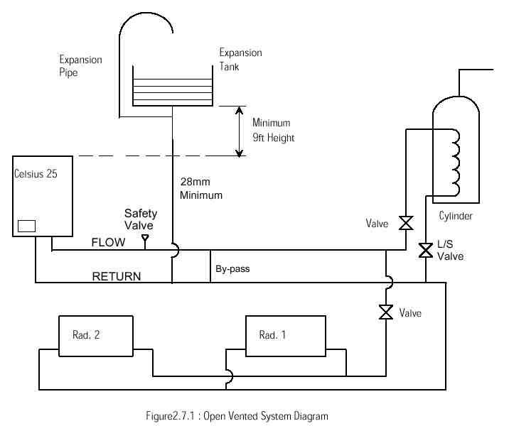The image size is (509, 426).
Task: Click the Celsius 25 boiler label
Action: [x=36, y=173]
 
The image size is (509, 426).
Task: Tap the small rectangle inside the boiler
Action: [x=26, y=226]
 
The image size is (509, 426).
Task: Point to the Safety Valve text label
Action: [x=141, y=219]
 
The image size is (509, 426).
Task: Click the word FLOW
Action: [x=108, y=242]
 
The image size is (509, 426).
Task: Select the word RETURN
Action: [x=117, y=276]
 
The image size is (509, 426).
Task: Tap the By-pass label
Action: [x=232, y=270]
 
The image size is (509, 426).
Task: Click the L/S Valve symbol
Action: [x=426, y=250]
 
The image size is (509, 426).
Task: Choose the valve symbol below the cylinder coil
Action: [x=406, y=224]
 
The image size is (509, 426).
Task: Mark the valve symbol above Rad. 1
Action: [x=386, y=312]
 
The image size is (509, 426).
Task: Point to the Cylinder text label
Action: [x=455, y=216]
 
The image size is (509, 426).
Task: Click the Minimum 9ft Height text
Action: [x=273, y=131]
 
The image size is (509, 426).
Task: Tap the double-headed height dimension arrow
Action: [x=240, y=131]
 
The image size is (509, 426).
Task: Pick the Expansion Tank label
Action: [x=240, y=59]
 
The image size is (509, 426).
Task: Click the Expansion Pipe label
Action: [x=80, y=65]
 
